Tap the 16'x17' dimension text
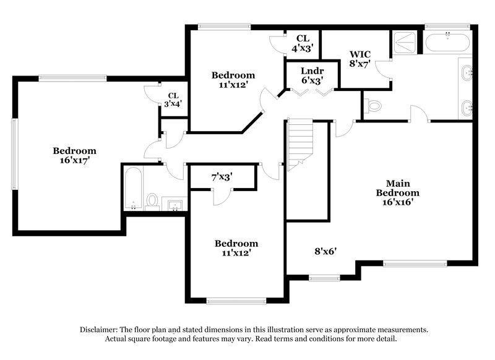pos(74,161)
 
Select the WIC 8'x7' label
pos(359,59)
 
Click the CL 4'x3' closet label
pos(303,43)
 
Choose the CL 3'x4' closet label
pos(173,100)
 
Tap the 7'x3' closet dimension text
pos(221,177)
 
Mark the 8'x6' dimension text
pos(325,251)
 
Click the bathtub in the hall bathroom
pos(133,188)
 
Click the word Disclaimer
pos(101,330)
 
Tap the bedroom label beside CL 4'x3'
pos(233,80)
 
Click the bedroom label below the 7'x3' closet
pos(236,248)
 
